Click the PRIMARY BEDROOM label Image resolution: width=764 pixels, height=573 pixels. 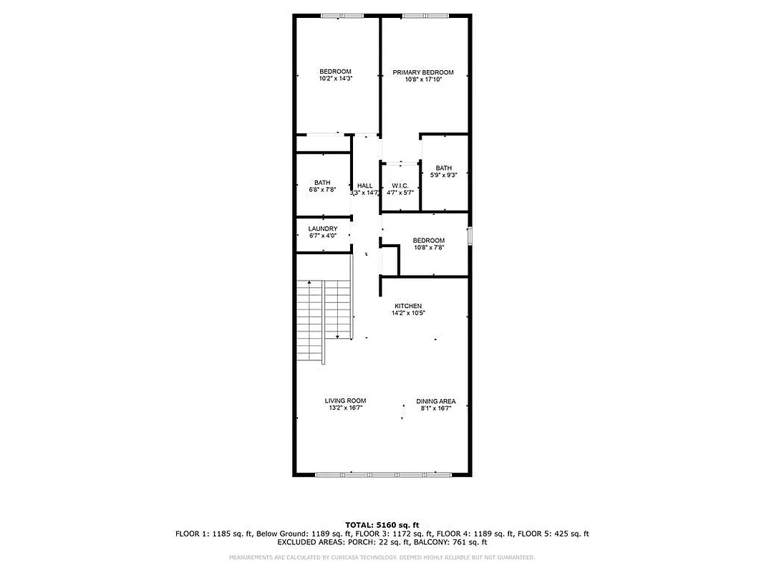[x=422, y=72]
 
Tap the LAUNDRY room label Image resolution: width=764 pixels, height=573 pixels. [x=322, y=229]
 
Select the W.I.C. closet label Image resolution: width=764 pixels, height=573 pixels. [x=400, y=186]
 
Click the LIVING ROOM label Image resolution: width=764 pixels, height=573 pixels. [x=345, y=401]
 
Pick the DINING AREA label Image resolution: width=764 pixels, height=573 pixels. [x=435, y=401]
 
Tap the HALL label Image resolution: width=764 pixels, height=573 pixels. [x=364, y=186]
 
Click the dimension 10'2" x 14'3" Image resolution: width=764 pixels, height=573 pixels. [x=335, y=79]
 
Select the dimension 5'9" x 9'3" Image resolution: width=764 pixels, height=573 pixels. [x=443, y=175]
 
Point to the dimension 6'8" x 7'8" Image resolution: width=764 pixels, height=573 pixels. [x=321, y=190]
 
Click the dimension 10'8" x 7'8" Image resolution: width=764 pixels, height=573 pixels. [x=428, y=247]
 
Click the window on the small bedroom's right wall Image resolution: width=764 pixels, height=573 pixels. [x=470, y=236]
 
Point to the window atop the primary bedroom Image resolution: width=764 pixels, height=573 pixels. [x=425, y=15]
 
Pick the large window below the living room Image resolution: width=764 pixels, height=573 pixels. [x=383, y=474]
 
